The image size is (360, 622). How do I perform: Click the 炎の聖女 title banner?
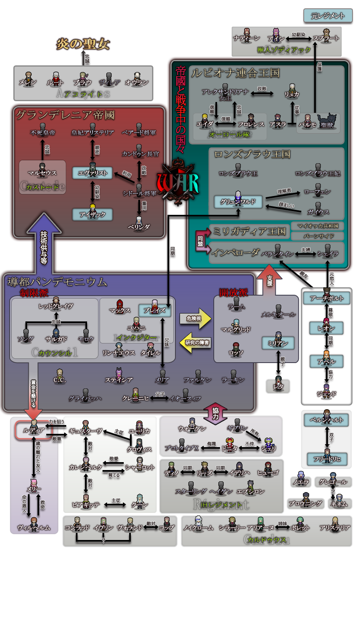(x=83, y=44)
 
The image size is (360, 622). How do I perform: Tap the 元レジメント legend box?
(x=328, y=16)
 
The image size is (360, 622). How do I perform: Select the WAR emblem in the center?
(x=178, y=182)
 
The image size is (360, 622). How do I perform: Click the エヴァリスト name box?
(x=92, y=173)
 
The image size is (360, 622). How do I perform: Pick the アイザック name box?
(x=92, y=214)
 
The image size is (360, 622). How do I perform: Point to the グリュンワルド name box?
(x=238, y=202)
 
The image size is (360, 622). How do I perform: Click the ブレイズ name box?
(x=155, y=311)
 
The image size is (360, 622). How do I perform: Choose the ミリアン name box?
(x=278, y=343)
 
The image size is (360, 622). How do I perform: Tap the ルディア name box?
(x=34, y=430)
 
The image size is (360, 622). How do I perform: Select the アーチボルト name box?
(x=327, y=298)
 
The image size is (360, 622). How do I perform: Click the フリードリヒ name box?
(x=327, y=459)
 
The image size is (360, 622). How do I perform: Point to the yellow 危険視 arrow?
(x=195, y=318)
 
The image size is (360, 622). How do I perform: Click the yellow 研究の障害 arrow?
(x=196, y=343)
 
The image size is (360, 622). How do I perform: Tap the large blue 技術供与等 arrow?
(x=44, y=241)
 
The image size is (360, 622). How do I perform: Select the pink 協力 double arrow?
(x=215, y=413)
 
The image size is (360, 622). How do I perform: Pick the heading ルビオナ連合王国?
(x=235, y=73)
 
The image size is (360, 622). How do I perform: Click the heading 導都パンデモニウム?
(x=57, y=282)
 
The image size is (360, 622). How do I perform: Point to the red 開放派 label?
(x=233, y=292)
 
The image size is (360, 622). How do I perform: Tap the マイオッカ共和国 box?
(x=317, y=226)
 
